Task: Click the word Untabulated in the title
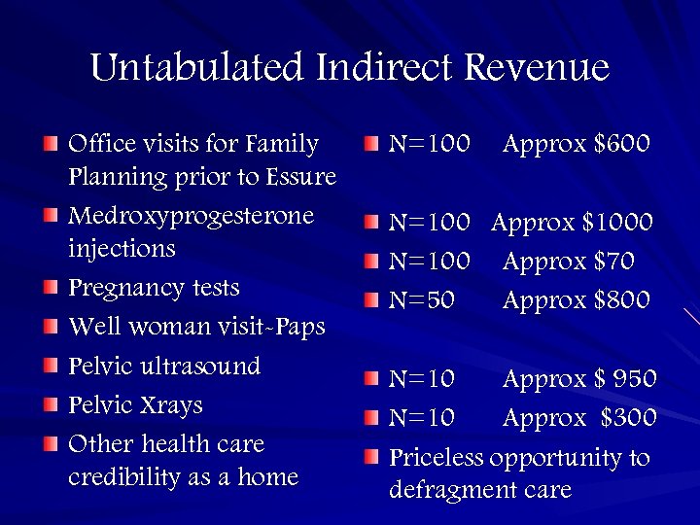click(x=197, y=68)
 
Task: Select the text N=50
click(x=422, y=300)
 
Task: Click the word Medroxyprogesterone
click(x=192, y=216)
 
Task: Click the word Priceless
click(x=436, y=457)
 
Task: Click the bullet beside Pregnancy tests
click(x=51, y=289)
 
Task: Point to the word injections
click(x=122, y=249)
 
